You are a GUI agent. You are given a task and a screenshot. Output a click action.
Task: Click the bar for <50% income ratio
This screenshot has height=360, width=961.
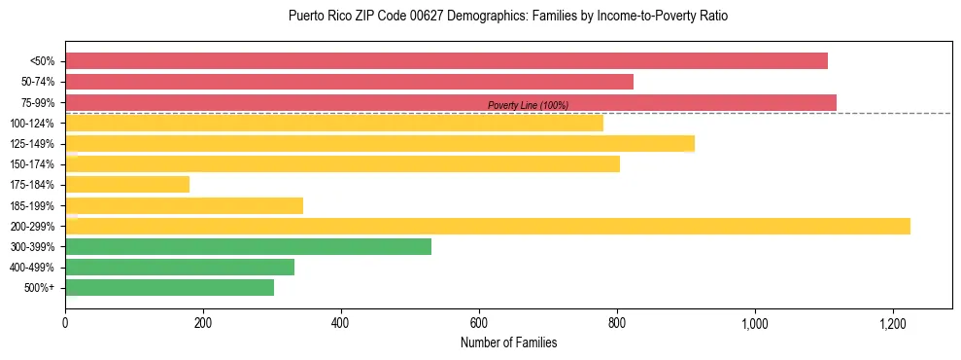tap(446, 61)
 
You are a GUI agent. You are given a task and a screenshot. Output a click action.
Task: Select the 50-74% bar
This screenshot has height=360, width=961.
tap(349, 82)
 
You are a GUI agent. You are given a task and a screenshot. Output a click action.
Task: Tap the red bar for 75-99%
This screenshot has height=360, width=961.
tap(450, 102)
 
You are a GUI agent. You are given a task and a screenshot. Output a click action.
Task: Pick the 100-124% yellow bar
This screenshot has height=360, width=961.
tap(333, 123)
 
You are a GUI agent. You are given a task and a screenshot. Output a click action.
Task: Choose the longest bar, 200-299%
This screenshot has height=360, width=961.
tap(488, 226)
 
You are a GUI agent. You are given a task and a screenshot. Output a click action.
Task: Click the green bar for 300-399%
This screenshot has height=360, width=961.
tap(248, 246)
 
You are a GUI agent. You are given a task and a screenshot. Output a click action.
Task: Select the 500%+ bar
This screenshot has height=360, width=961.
tap(169, 287)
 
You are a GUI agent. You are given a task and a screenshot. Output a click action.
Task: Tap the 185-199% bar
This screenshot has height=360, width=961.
tap(184, 205)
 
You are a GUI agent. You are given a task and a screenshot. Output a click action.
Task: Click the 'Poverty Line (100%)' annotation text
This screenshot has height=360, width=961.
tap(528, 105)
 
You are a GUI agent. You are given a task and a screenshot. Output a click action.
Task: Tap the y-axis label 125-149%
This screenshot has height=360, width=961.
tap(32, 144)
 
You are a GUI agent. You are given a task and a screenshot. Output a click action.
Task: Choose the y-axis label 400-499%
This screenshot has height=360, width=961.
tap(32, 268)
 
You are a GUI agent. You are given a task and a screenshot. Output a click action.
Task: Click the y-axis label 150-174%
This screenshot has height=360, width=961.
tap(32, 164)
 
